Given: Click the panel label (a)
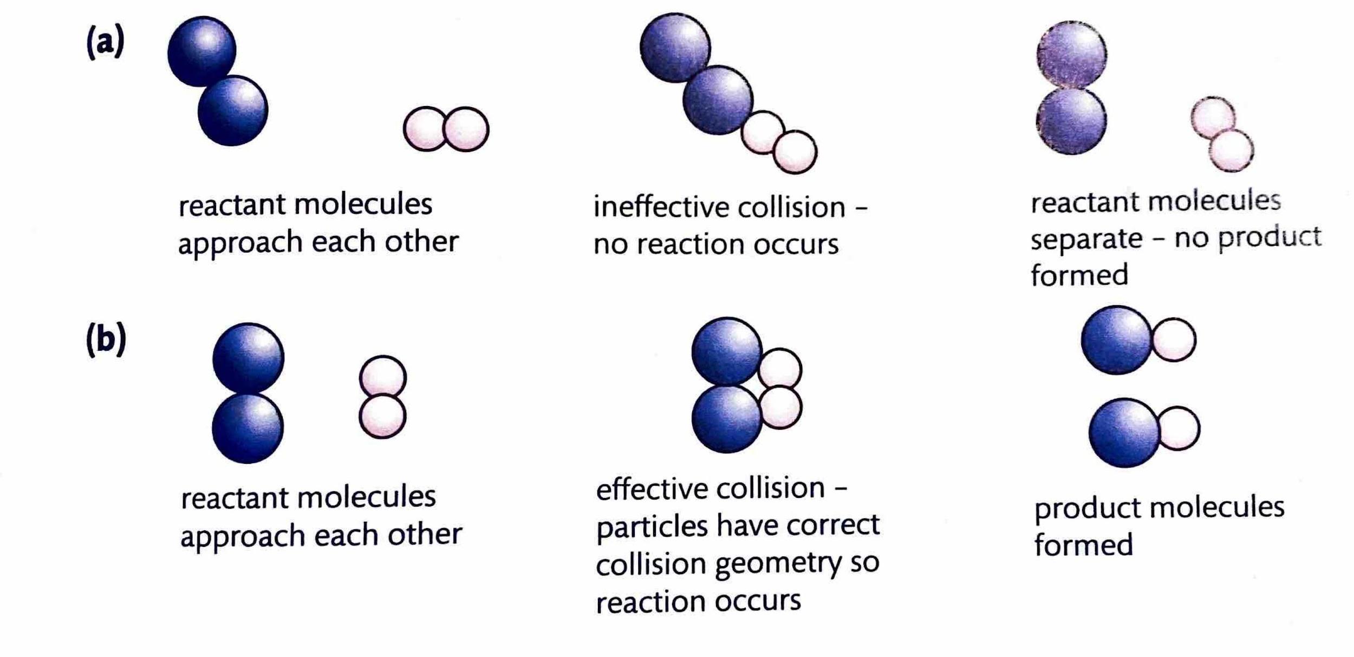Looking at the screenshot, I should tap(106, 42).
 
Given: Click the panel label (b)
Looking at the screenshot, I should tap(106, 339).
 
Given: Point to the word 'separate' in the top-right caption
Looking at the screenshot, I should tap(1086, 238).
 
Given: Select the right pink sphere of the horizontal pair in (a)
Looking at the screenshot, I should tap(466, 129).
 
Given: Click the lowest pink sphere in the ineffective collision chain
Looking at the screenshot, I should tap(795, 152).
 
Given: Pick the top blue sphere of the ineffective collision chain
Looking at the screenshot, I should tap(674, 47).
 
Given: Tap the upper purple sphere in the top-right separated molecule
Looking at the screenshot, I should tap(1072, 54).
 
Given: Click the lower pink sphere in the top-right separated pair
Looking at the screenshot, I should tap(1231, 150).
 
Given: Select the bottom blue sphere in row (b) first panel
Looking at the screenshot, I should tap(248, 429).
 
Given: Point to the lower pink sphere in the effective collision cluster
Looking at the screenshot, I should tap(780, 408).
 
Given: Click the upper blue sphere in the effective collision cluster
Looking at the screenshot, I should tap(726, 351).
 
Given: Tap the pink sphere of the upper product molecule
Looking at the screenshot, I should tap(1174, 339).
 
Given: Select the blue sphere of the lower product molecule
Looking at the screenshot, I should tap(1124, 433).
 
